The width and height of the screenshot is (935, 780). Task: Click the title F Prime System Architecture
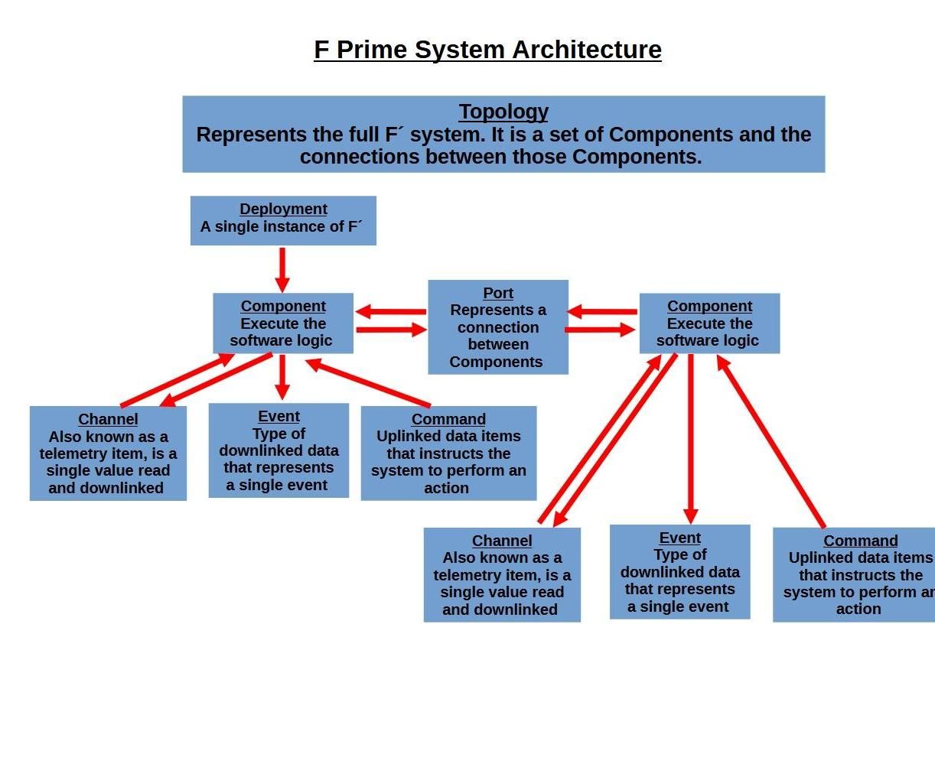pyautogui.click(x=487, y=50)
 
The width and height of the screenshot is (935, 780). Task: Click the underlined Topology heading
pyautogui.click(x=503, y=112)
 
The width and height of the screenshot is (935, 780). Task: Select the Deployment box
pyautogui.click(x=283, y=220)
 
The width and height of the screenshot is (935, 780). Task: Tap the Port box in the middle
pyautogui.click(x=498, y=327)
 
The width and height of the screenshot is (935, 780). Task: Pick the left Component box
pyautogui.click(x=283, y=323)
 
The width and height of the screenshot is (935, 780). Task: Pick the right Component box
pyautogui.click(x=709, y=323)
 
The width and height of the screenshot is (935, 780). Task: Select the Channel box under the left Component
pyautogui.click(x=108, y=453)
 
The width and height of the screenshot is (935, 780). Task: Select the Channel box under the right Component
pyautogui.click(x=502, y=575)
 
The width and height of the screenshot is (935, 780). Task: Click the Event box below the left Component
pyautogui.click(x=279, y=451)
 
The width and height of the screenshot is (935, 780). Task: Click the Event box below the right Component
pyautogui.click(x=679, y=572)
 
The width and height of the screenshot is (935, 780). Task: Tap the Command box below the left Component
pyautogui.click(x=448, y=453)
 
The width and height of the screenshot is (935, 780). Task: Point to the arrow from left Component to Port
pyautogui.click(x=390, y=330)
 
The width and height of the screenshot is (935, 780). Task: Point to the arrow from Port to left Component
pyautogui.click(x=390, y=311)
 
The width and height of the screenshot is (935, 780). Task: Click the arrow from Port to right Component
pyautogui.click(x=601, y=330)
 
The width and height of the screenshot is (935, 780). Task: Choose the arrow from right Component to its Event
pyautogui.click(x=691, y=440)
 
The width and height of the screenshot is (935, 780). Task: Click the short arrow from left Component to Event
pyautogui.click(x=282, y=376)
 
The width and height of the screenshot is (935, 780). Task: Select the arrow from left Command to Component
pyautogui.click(x=368, y=383)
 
